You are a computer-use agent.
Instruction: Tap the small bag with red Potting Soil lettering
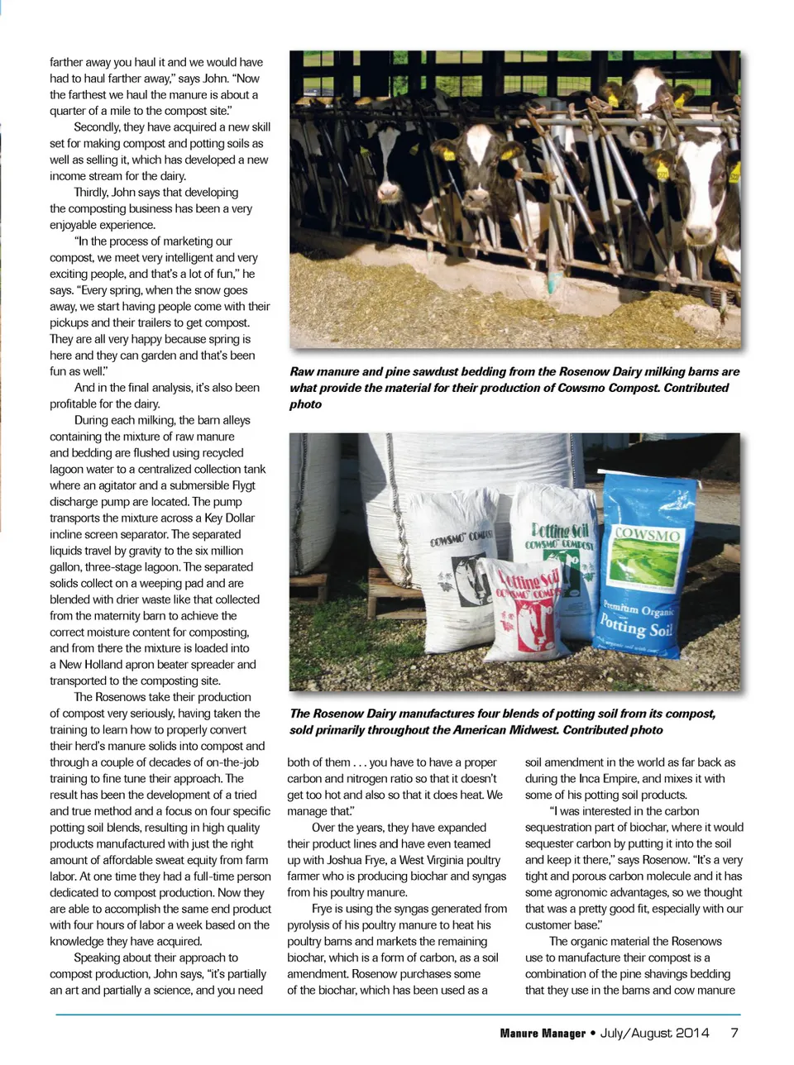coord(527,612)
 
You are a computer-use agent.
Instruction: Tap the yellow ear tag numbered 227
coord(662,173)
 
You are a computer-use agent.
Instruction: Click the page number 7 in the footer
coord(734,1032)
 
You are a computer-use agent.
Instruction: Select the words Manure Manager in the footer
coord(542,1033)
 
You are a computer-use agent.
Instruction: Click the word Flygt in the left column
coord(239,485)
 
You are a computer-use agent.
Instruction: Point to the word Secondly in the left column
coord(97,127)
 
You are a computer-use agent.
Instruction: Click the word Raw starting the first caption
coord(302,372)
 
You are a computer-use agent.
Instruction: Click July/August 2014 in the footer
coord(655,1033)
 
